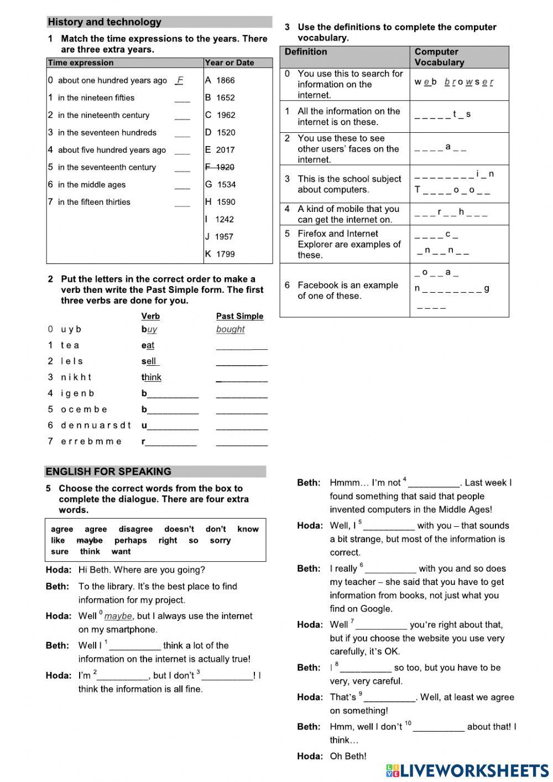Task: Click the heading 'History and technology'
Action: coord(105,22)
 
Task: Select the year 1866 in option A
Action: coord(225,80)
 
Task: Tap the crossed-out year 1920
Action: coord(225,167)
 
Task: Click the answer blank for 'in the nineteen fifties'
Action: coord(182,99)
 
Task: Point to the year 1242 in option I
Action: coord(224,219)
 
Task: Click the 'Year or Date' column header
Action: coord(229,63)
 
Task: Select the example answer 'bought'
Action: coord(230,329)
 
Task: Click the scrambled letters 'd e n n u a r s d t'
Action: coord(96,425)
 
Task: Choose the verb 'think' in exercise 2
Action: coord(152,377)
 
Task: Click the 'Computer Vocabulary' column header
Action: coord(439,57)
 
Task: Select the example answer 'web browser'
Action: coord(453,82)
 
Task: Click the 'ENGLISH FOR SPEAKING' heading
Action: coord(108,472)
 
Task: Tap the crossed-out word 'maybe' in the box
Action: coord(89,540)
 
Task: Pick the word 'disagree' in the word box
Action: coord(135,529)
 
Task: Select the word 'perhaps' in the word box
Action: coord(131,540)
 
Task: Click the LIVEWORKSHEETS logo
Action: coord(467,770)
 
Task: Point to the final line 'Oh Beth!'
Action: coord(348,756)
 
